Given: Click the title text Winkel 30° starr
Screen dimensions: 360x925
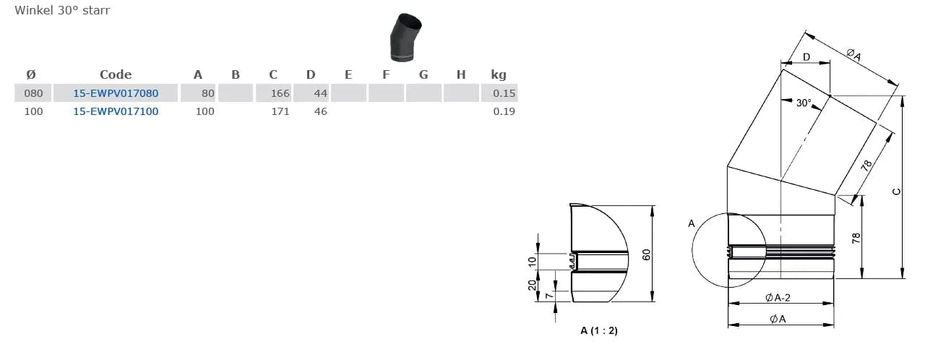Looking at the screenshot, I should pyautogui.click(x=62, y=11).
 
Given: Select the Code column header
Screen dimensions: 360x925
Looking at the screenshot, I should pyautogui.click(x=116, y=74).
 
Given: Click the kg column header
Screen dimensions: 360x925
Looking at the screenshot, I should pyautogui.click(x=499, y=74).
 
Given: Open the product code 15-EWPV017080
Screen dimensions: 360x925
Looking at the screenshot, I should pyautogui.click(x=116, y=93).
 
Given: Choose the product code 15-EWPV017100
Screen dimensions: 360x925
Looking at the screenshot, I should pyautogui.click(x=116, y=111).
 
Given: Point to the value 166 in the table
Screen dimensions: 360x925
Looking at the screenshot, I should pyautogui.click(x=280, y=93).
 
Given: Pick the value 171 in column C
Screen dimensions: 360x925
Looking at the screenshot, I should pyautogui.click(x=280, y=111).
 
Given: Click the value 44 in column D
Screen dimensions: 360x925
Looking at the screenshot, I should pyautogui.click(x=321, y=93).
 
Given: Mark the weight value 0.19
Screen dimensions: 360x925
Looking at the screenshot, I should pyautogui.click(x=504, y=111).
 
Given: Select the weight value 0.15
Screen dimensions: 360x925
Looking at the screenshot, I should pyautogui.click(x=504, y=93).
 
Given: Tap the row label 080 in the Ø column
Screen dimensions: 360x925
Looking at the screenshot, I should pyautogui.click(x=34, y=93).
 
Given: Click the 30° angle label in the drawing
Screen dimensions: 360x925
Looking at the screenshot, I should pyautogui.click(x=804, y=103).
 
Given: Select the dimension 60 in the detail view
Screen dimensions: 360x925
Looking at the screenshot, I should pyautogui.click(x=647, y=254).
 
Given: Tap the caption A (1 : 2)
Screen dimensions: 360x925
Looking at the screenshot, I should pyautogui.click(x=598, y=330).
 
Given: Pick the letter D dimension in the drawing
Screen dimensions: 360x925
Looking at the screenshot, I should pyautogui.click(x=806, y=57).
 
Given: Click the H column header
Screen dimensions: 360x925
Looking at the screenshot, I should pyautogui.click(x=461, y=74).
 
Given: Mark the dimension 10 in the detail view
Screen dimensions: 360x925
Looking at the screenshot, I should pyautogui.click(x=533, y=260).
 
